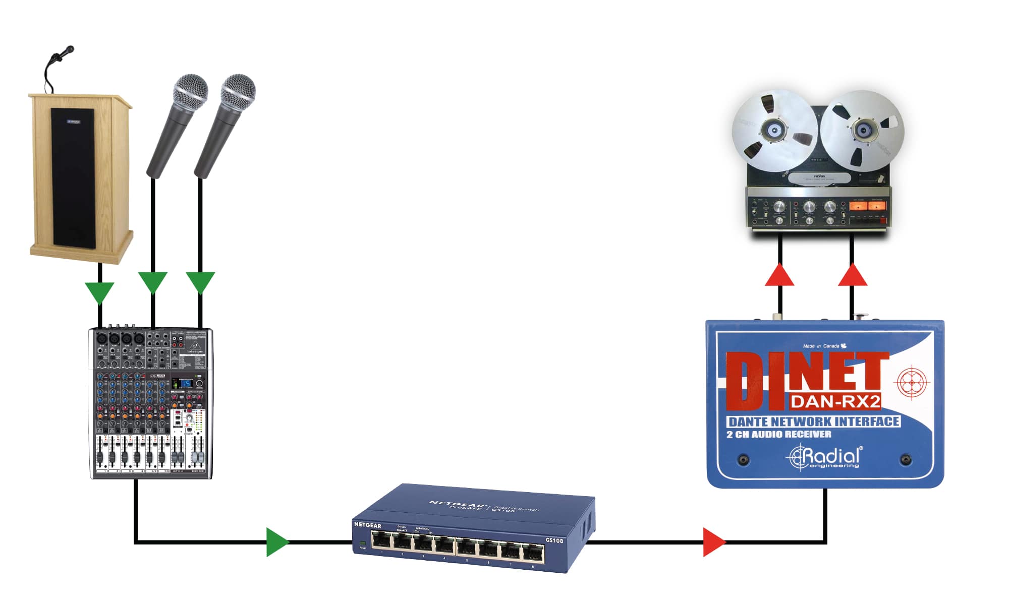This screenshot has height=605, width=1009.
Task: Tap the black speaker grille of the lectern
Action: (x=73, y=177)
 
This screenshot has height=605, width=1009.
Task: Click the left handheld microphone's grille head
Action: (x=191, y=92)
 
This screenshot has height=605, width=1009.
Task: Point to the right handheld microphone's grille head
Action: (x=238, y=92)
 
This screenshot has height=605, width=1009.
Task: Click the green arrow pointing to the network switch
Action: (x=277, y=542)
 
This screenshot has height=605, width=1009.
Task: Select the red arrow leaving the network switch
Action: (x=713, y=542)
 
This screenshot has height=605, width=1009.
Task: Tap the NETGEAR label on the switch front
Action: (x=368, y=525)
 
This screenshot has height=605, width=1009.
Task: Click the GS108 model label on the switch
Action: (x=554, y=540)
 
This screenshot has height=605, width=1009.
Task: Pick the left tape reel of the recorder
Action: (x=774, y=130)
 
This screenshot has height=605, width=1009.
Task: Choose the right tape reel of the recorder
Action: (x=862, y=130)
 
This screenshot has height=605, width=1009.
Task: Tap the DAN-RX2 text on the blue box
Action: (x=835, y=401)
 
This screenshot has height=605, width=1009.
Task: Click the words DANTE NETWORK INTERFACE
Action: (x=814, y=421)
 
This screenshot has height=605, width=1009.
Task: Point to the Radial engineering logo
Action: (x=825, y=457)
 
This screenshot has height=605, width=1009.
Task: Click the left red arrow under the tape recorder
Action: (x=779, y=275)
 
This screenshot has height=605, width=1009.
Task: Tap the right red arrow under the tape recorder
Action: (x=853, y=275)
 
